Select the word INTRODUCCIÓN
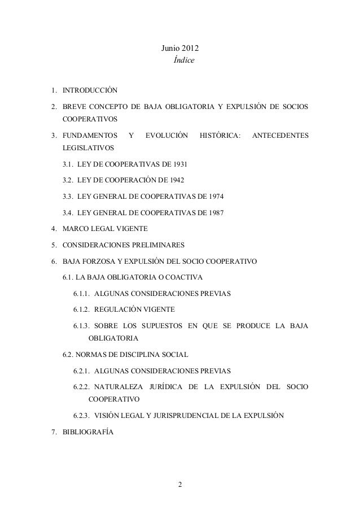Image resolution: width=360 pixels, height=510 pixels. click(x=90, y=90)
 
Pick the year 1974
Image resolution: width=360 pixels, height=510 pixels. click(x=215, y=197)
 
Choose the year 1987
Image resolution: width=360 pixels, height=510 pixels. click(x=215, y=213)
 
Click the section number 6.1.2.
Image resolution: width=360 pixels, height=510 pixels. click(x=82, y=310)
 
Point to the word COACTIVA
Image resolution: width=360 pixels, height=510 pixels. click(x=187, y=277)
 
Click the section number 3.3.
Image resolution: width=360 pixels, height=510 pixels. click(x=68, y=197)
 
